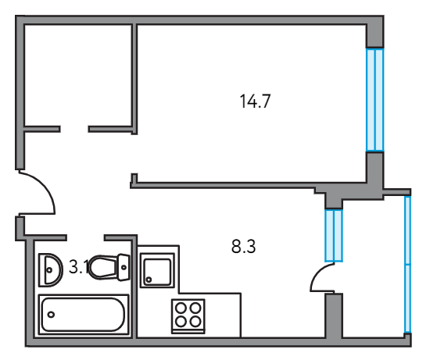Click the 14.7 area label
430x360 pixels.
255,101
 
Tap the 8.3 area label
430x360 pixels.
243,246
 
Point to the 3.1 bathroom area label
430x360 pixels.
79,267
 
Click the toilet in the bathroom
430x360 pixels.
109,267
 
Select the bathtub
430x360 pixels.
84,315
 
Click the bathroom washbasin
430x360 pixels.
51,270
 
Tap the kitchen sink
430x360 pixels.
157,270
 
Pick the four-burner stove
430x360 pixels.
188,316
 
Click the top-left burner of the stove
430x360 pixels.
181,308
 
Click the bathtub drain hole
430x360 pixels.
51,315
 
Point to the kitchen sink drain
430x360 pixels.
149,280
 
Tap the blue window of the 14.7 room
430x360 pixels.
375,100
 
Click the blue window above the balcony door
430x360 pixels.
334,236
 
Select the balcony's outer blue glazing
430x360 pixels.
408,265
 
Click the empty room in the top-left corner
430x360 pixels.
78,75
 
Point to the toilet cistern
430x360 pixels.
124,267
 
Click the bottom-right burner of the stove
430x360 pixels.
195,321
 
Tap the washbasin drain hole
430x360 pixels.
49,270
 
